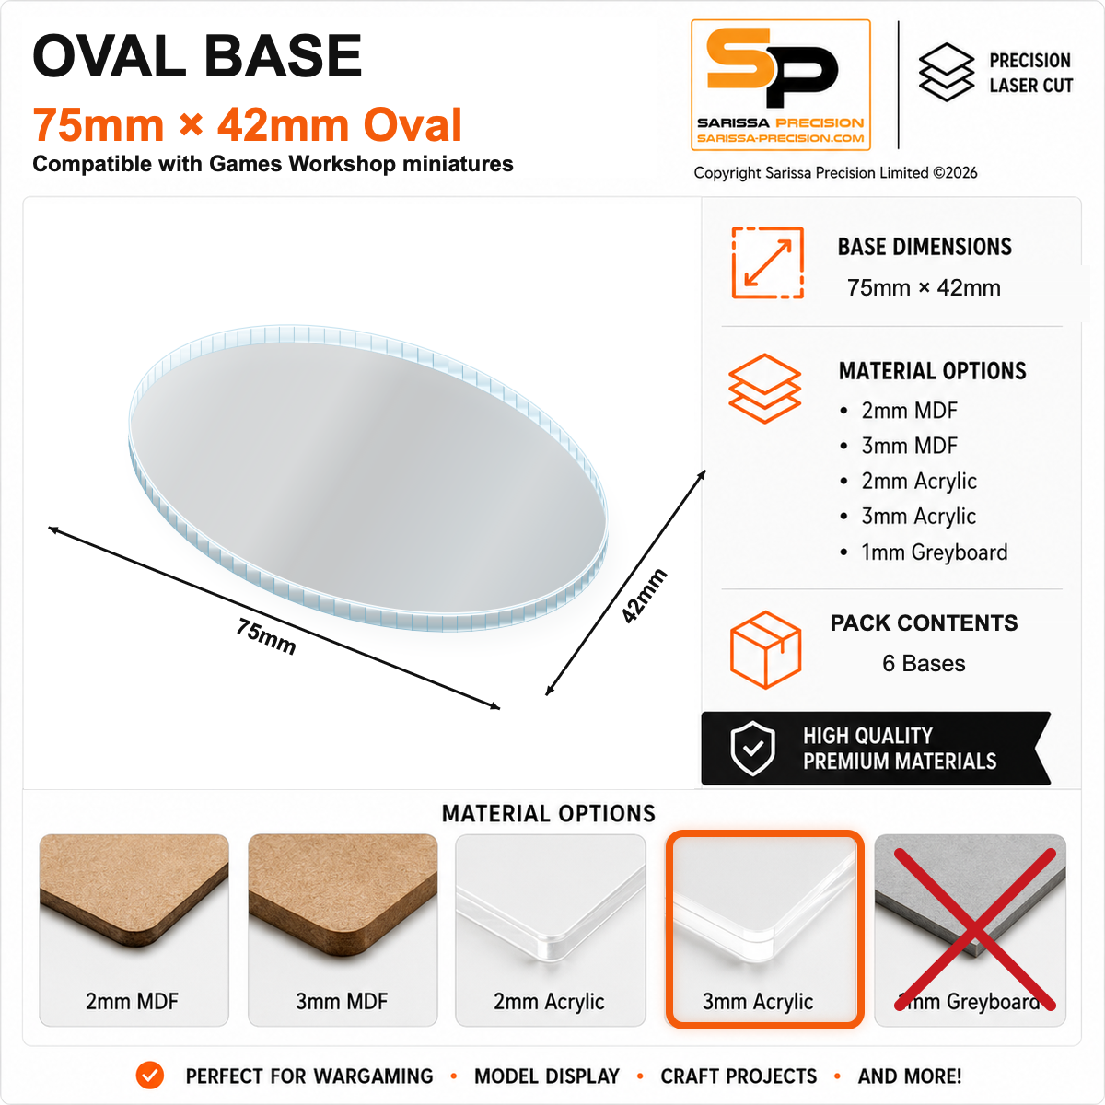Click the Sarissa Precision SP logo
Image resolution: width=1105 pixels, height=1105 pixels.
[x=781, y=85]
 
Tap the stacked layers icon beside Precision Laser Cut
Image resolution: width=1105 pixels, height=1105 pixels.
[x=947, y=72]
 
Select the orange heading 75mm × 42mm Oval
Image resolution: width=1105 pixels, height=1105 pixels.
[x=247, y=124]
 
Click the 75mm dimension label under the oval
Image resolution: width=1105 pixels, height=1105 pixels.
[x=266, y=636]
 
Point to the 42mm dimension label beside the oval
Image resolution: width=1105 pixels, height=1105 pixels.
[x=645, y=595]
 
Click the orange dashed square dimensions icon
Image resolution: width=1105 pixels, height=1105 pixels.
[x=767, y=262]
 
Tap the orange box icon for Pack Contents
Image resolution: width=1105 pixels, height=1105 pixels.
[x=765, y=649]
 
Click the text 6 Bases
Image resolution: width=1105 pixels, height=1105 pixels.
[x=924, y=663]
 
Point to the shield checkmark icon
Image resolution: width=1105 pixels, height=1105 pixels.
[x=752, y=749]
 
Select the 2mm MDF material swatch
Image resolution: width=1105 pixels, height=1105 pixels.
[x=134, y=929]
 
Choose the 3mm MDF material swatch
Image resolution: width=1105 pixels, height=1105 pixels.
[x=343, y=929]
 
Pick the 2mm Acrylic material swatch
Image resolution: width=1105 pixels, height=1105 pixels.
[x=550, y=929]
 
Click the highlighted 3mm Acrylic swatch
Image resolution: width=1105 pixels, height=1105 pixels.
[x=764, y=929]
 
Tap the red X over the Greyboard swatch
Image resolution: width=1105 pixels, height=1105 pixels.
[x=975, y=929]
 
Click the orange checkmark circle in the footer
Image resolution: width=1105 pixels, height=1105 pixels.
[x=150, y=1076]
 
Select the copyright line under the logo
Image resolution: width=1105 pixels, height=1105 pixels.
[x=835, y=173]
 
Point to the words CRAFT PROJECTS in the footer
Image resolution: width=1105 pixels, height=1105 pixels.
[x=739, y=1076]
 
